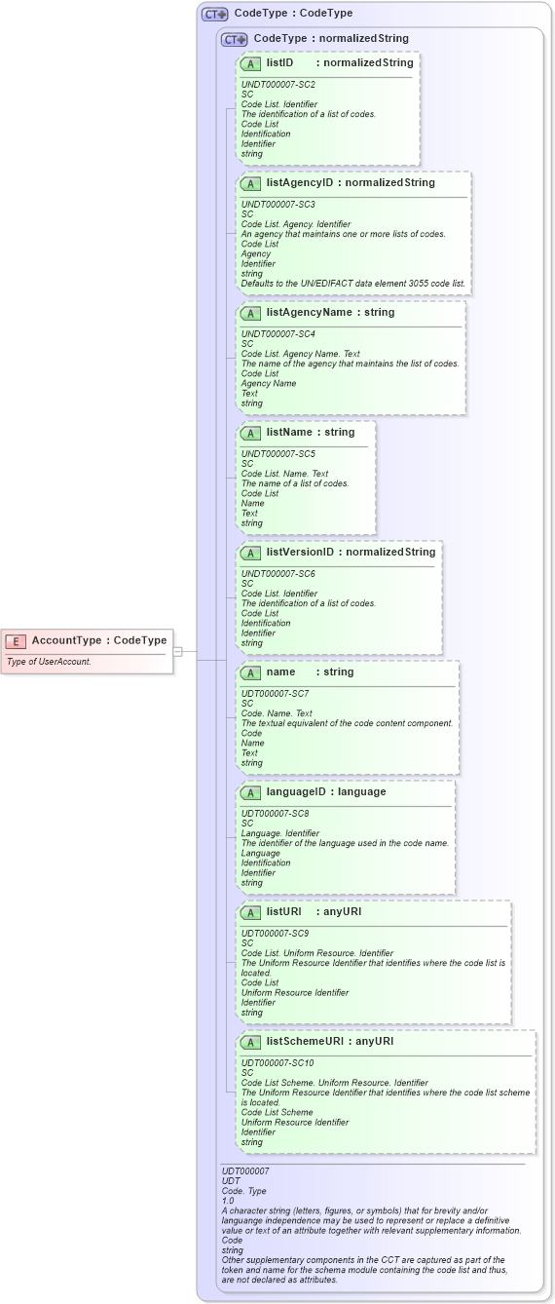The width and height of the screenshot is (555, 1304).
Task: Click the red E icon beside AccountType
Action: (16, 641)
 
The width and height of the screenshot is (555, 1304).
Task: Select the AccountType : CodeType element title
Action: (98, 640)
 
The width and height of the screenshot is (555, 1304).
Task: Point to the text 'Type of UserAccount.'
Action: (49, 662)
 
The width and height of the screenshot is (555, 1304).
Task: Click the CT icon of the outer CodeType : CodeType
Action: (214, 14)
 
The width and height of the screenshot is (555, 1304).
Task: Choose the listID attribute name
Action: (280, 62)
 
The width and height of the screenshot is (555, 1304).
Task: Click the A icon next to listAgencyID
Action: (250, 183)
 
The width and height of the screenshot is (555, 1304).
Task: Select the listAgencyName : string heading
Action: (330, 313)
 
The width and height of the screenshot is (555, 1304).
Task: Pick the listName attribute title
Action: (297, 432)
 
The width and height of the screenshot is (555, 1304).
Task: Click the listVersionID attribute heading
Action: (301, 552)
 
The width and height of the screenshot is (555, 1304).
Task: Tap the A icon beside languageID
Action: (250, 792)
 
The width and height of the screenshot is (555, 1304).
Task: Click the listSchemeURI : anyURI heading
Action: (329, 1041)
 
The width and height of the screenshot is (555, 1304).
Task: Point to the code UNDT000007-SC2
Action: (277, 85)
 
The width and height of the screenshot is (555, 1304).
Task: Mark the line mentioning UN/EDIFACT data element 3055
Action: (353, 284)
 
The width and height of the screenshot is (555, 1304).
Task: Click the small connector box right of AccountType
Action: (178, 651)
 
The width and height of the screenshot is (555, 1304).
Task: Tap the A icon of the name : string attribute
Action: (250, 672)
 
